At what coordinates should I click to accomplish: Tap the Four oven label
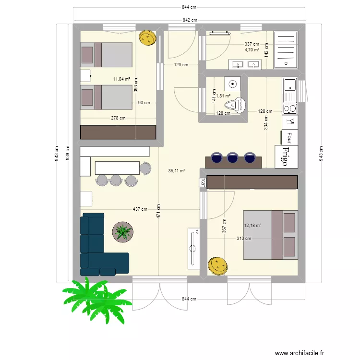point(289,138)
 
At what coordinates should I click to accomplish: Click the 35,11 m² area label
point(177,170)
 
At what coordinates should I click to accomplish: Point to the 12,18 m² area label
point(252,226)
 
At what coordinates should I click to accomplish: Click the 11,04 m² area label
point(122,79)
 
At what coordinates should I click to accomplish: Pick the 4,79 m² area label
point(252,49)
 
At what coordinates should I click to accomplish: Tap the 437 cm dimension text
point(140,209)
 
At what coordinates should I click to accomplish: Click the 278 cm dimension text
point(118,118)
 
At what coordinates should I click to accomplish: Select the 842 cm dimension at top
point(190,20)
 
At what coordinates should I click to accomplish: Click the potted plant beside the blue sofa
point(123,232)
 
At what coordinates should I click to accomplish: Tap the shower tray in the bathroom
point(286,50)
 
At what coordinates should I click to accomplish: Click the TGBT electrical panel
point(203,183)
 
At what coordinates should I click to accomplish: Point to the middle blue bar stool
point(232,157)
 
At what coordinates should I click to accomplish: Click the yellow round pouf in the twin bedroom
point(148,37)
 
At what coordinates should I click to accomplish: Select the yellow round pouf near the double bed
point(217,265)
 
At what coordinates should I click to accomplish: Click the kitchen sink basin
point(290,85)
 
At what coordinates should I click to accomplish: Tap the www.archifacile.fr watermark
point(300,353)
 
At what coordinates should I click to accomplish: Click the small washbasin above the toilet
point(233,84)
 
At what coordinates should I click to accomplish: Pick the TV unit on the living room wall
point(194,249)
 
